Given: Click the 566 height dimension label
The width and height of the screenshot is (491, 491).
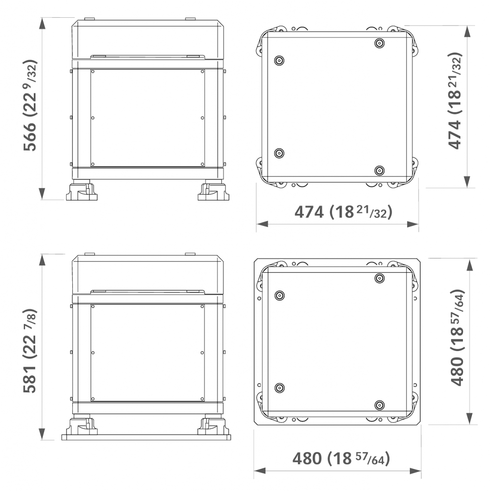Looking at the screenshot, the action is click(30, 105).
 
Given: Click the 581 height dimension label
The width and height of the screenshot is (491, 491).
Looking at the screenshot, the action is click(30, 351).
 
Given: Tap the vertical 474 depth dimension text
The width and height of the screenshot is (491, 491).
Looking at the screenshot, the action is click(455, 101).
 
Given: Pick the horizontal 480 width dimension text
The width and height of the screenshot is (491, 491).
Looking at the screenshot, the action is click(342, 458).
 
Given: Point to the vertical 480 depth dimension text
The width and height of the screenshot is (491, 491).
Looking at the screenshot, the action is click(457, 338).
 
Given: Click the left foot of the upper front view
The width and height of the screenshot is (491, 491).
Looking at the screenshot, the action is click(82, 191).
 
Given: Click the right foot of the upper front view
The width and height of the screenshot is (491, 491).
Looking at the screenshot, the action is click(214, 191).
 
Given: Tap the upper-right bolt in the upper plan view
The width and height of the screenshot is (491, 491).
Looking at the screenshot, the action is click(379, 43).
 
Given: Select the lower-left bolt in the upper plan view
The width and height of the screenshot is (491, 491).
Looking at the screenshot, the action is click(279, 153).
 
